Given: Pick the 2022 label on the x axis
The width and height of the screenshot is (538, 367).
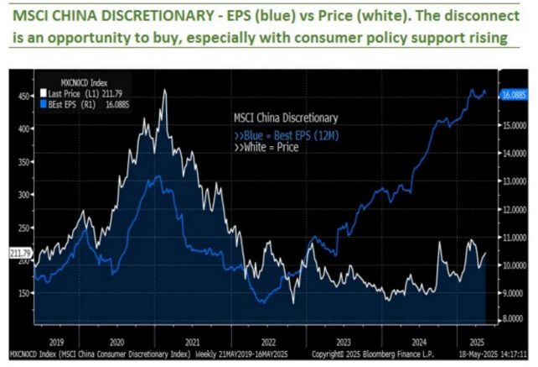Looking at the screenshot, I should (269, 342).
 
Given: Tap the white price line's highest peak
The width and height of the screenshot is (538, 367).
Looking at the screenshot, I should (164, 90).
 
